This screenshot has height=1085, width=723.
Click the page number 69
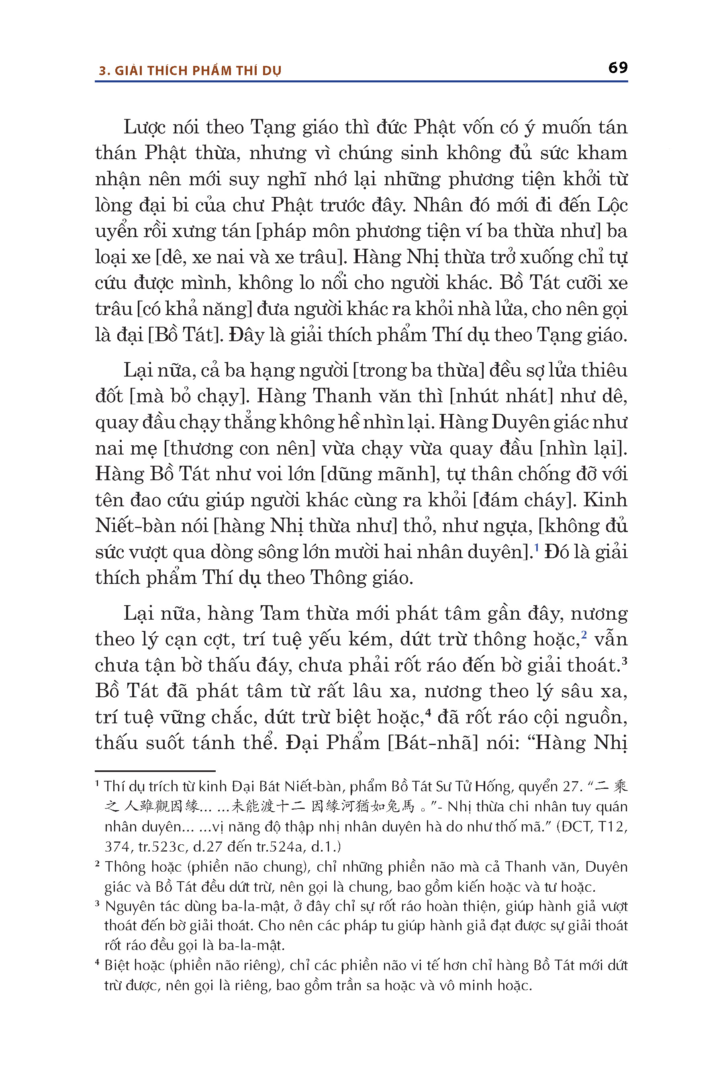(617, 68)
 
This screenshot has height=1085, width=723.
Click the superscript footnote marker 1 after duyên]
(536, 548)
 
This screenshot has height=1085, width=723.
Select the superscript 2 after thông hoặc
(583, 635)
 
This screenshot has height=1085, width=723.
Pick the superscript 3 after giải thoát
(624, 661)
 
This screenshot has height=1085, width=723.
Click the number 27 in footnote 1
(573, 786)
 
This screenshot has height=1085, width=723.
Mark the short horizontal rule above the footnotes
(155, 771)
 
